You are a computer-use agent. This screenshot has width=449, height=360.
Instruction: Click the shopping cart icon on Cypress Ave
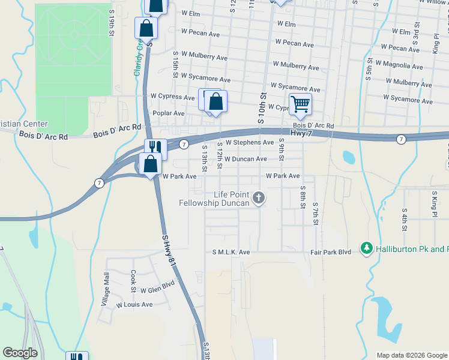click(300, 103)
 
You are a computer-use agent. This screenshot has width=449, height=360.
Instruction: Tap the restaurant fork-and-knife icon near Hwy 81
click(155, 148)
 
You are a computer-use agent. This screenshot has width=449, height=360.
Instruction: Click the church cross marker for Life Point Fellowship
click(259, 197)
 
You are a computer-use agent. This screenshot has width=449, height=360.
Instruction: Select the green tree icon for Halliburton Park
click(366, 248)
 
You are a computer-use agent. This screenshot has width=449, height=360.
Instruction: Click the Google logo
click(20, 353)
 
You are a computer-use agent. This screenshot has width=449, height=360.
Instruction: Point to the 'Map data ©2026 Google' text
click(412, 355)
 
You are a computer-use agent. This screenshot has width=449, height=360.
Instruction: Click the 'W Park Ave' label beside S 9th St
click(283, 176)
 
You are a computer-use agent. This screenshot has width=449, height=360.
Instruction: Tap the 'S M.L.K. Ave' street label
click(231, 253)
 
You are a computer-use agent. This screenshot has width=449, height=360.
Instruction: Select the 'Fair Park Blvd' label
click(331, 253)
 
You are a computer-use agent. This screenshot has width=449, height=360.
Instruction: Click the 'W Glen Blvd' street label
click(157, 288)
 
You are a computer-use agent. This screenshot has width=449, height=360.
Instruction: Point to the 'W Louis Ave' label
click(134, 305)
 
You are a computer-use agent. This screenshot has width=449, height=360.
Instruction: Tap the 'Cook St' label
click(133, 281)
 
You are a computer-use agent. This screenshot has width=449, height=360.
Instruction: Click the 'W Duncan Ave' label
click(246, 159)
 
